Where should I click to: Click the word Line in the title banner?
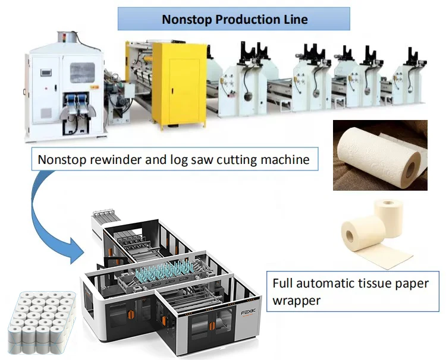[296, 20]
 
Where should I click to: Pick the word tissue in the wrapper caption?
[372, 283]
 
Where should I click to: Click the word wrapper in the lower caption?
[296, 301]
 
